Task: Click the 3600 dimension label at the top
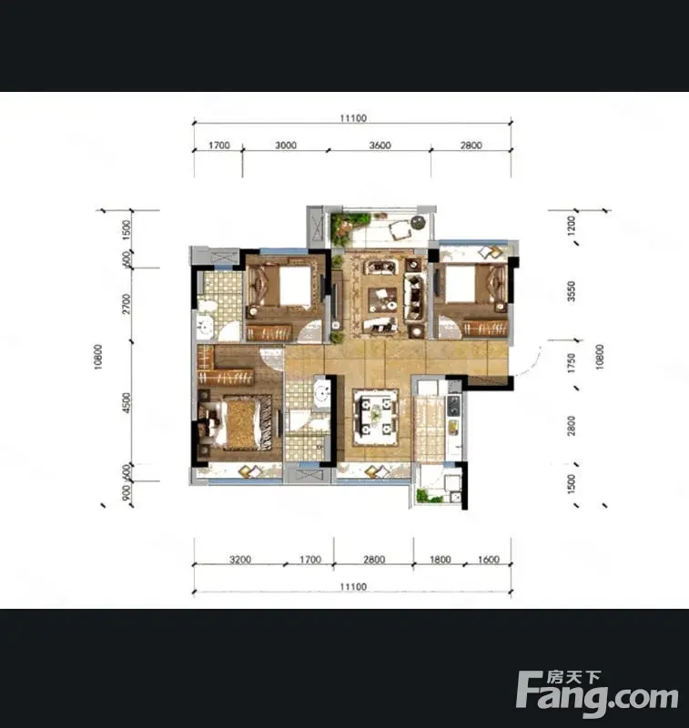coord(380,146)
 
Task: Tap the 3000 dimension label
coord(286,146)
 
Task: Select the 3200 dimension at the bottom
coord(240,560)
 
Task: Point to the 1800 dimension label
coord(440,560)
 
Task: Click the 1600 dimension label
coord(489,560)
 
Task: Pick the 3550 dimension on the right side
coord(572,291)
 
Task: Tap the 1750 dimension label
coord(572,363)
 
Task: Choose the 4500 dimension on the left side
coord(127,402)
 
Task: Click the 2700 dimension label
coord(127,304)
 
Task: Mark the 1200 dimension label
coord(572,225)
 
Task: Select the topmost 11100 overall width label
coord(353,118)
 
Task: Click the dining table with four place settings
coord(376,416)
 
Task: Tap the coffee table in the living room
coord(382,299)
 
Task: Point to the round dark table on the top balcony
coord(419,222)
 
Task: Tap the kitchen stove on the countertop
coord(453,406)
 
